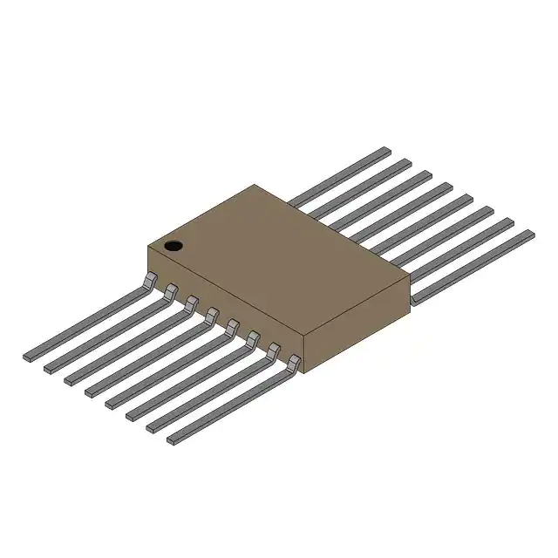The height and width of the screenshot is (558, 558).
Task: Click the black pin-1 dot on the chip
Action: coord(174,245)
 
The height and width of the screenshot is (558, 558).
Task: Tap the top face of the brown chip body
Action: coord(279,253)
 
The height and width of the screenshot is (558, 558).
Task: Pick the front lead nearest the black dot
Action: coord(87,323)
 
